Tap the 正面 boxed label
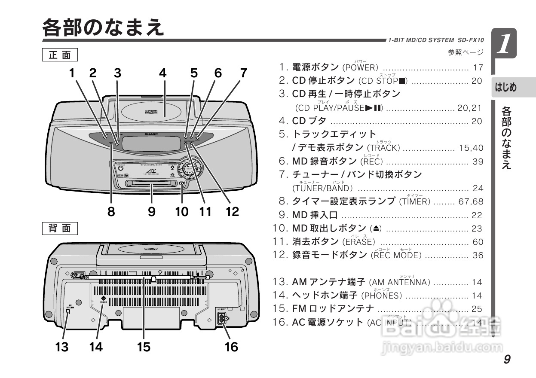coord(60,55)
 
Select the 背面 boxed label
coord(60,228)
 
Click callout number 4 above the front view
coord(162,73)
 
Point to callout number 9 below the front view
coord(152,211)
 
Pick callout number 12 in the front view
coord(232,211)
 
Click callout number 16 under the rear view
coord(231,347)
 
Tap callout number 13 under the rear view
coord(62,347)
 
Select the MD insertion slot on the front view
coord(151,184)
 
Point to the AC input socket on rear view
coord(222,319)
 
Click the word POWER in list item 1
coord(361,68)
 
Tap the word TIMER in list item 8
coord(415,201)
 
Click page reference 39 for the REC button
coord(478,162)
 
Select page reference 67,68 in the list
coord(471,201)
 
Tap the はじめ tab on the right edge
coord(505,88)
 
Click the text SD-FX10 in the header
coord(470,40)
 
